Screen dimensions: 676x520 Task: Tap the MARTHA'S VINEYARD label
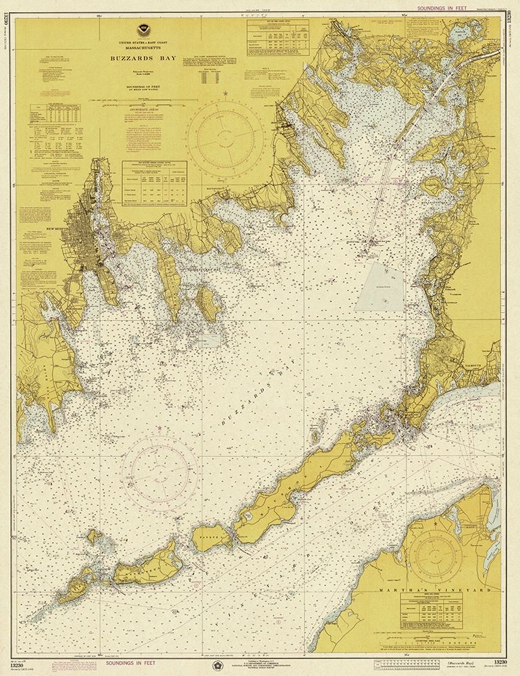(x=459, y=589)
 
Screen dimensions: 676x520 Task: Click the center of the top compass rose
(x=226, y=134)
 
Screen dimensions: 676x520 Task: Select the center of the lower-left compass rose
(x=161, y=469)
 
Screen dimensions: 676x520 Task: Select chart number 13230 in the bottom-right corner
(x=501, y=663)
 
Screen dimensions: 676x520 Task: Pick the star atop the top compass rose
(x=226, y=91)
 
